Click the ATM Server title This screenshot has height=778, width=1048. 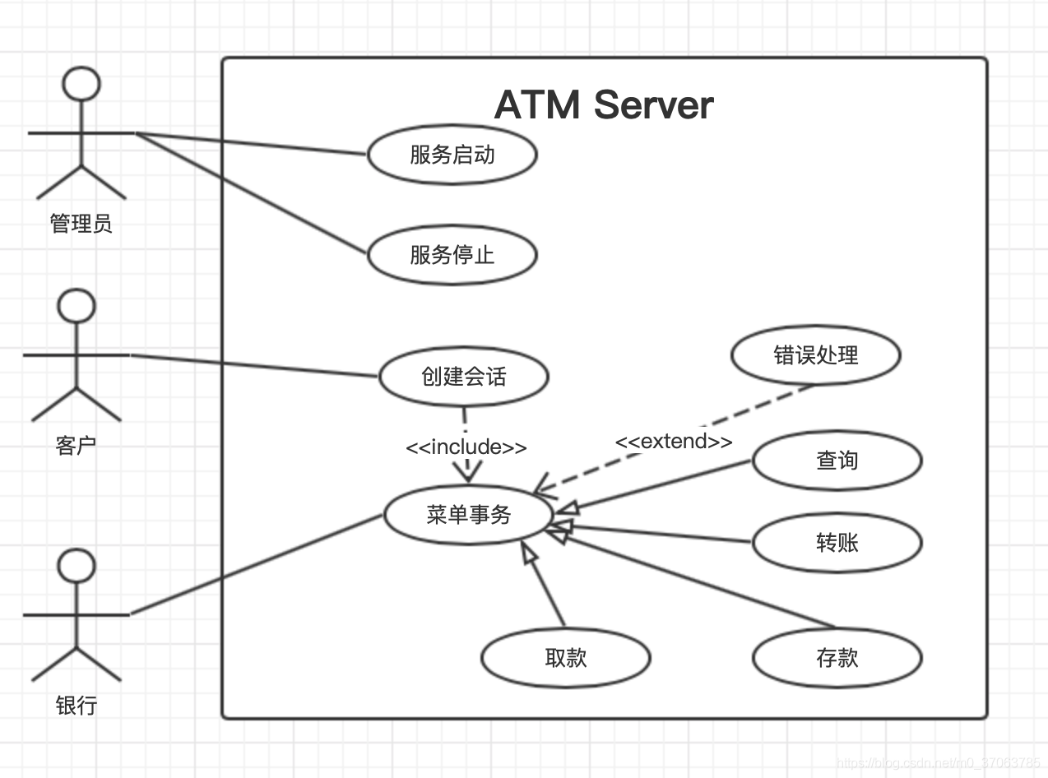pyautogui.click(x=604, y=104)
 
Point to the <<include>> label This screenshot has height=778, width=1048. pyautogui.click(x=466, y=447)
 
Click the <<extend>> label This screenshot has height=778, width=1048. pyautogui.click(x=674, y=441)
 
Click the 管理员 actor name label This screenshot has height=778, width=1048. pyautogui.click(x=81, y=224)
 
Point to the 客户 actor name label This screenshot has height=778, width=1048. pyautogui.click(x=76, y=446)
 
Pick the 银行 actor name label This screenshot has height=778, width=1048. pyautogui.click(x=76, y=706)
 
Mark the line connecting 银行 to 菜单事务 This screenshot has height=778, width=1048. pyautogui.click(x=256, y=565)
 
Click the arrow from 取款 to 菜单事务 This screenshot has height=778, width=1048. pyautogui.click(x=543, y=583)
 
